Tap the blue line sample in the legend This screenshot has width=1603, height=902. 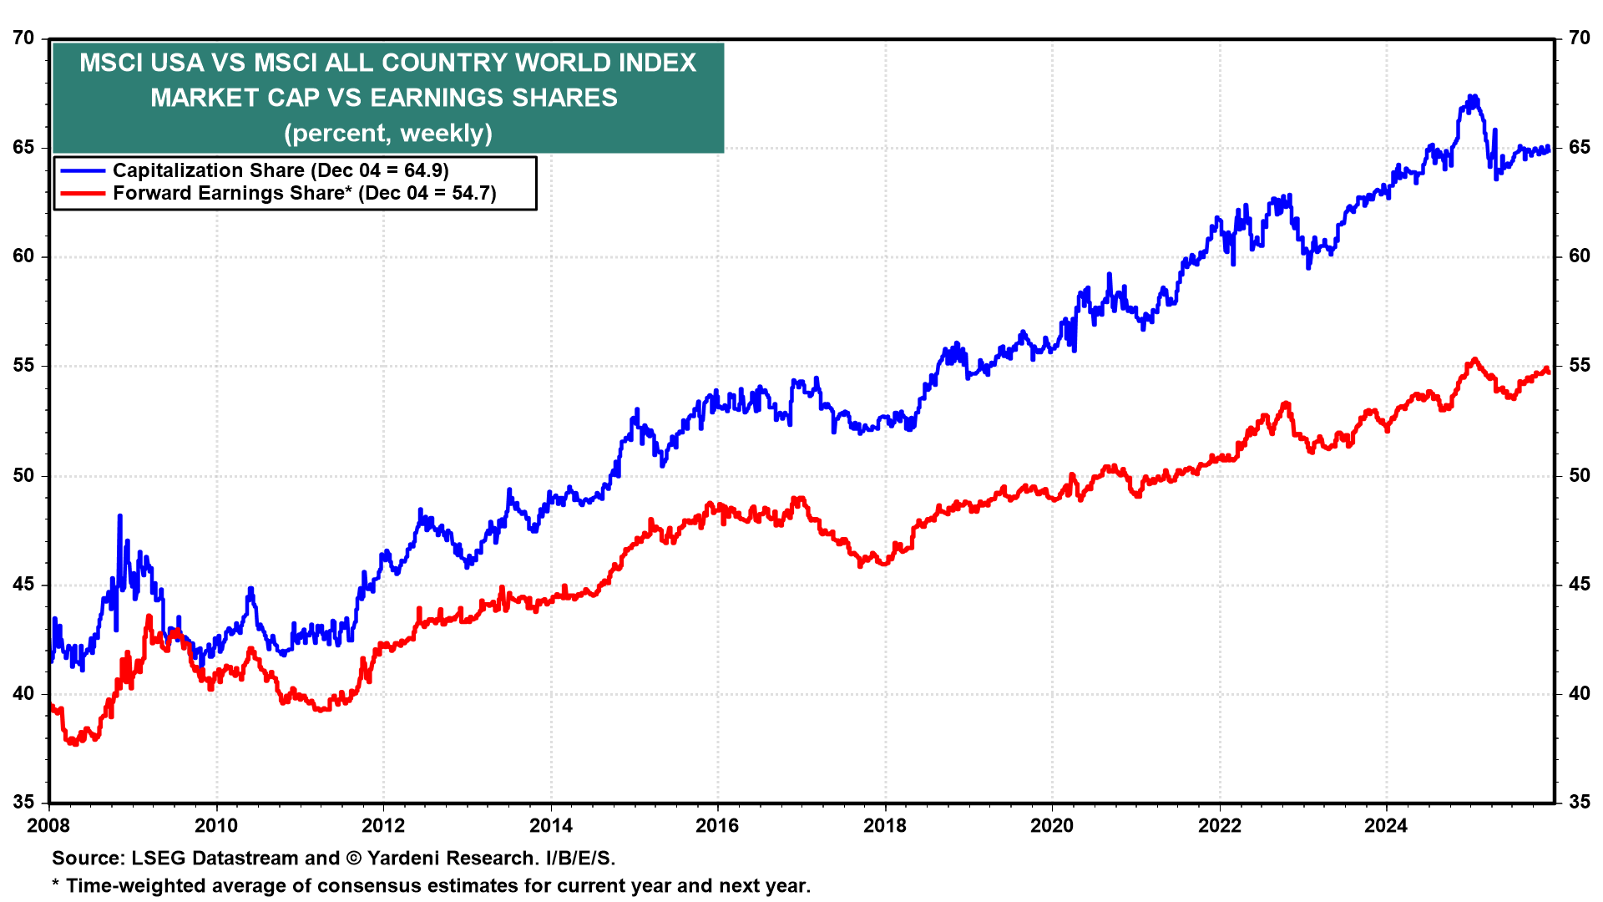point(83,170)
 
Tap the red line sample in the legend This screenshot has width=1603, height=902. point(83,194)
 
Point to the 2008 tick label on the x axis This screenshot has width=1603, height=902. point(49,826)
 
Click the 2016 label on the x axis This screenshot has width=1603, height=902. point(717,826)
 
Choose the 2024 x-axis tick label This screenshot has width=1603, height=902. point(1385,826)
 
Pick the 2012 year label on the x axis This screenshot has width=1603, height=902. point(383,826)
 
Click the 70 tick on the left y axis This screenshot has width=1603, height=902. point(23,38)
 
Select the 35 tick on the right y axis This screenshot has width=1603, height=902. point(1579,803)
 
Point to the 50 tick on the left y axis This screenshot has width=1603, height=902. point(23,476)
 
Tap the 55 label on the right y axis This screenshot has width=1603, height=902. point(1579,366)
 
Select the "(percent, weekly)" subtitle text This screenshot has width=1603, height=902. point(388,134)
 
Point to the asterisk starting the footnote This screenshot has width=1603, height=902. point(55,884)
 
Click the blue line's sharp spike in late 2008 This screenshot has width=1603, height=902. point(119,516)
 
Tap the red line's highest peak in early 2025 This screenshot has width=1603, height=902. point(1475,360)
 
